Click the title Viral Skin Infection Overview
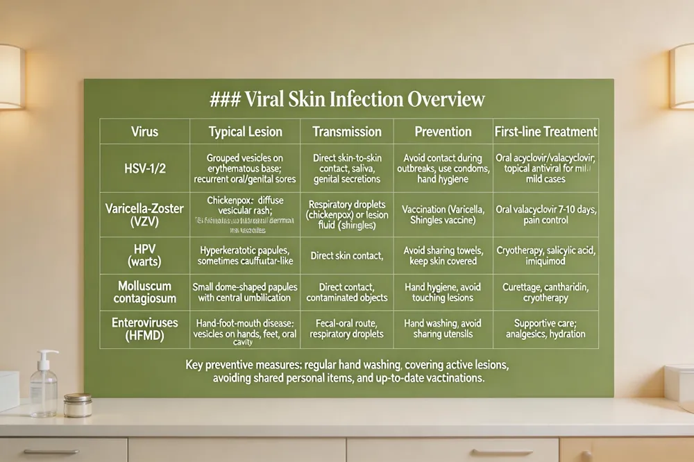[347, 99]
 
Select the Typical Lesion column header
[245, 131]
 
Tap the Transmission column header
[347, 131]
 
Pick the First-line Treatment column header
[545, 131]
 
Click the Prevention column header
[443, 131]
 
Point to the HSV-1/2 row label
[144, 168]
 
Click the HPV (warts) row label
[144, 256]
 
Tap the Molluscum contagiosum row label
[144, 292]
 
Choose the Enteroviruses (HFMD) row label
[144, 328]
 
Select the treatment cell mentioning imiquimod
[545, 256]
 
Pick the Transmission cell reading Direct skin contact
[347, 256]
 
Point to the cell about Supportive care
[545, 328]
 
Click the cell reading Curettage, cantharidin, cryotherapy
[545, 292]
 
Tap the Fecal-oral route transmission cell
[347, 328]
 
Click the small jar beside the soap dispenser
[78, 404]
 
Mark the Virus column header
[144, 131]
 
